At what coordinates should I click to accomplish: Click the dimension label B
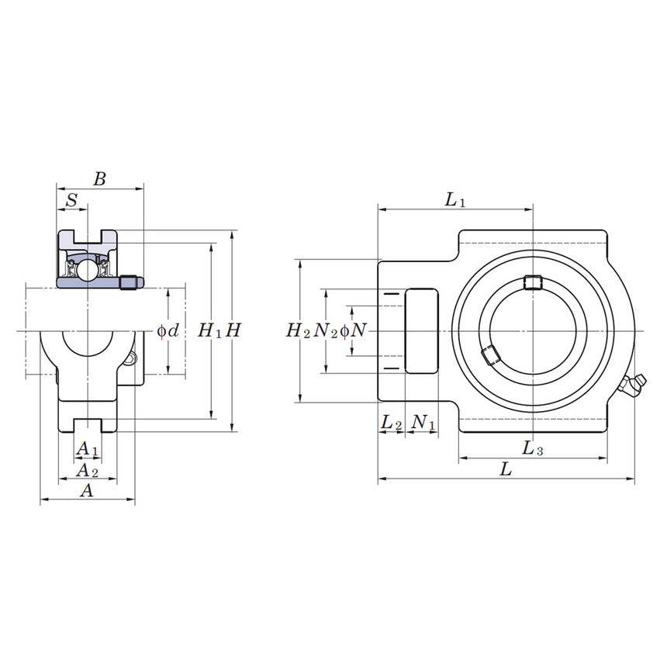(x=99, y=179)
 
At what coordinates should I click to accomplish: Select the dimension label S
(x=72, y=200)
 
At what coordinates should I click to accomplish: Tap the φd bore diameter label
(x=168, y=331)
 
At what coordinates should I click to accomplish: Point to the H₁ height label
(x=209, y=331)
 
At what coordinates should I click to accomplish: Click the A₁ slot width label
(x=87, y=449)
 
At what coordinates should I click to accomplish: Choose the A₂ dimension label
(x=87, y=470)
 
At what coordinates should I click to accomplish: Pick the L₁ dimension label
(x=455, y=200)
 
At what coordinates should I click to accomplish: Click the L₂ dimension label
(x=392, y=423)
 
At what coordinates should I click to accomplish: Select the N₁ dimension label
(x=423, y=423)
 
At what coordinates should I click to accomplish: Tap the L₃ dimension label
(x=532, y=448)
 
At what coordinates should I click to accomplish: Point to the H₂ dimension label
(x=298, y=331)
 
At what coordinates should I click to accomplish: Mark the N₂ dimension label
(x=325, y=331)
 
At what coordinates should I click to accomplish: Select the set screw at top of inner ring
(x=531, y=282)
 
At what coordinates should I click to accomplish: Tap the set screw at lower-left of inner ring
(x=489, y=355)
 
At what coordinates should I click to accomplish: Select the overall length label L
(x=505, y=470)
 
